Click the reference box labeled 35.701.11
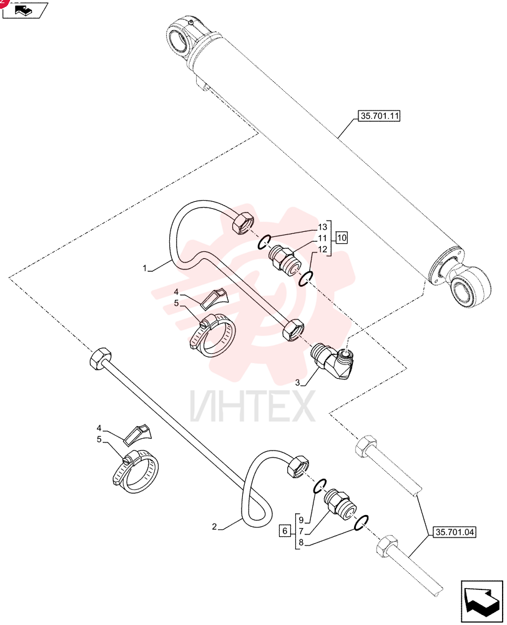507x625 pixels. (x=379, y=116)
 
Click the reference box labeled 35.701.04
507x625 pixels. (x=455, y=532)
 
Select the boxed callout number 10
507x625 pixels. (x=342, y=238)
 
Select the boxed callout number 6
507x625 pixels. (x=285, y=531)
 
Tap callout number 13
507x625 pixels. (x=322, y=227)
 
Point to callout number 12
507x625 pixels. (x=322, y=249)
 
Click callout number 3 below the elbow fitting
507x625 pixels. (x=297, y=383)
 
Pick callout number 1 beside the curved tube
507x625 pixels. (x=145, y=269)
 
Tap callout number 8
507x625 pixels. (x=301, y=542)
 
